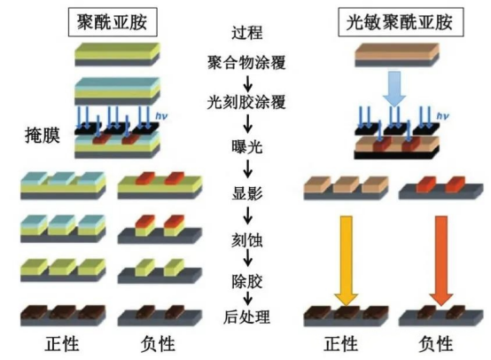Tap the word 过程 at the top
pos(246,36)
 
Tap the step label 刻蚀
pos(246,237)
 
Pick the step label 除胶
pos(246,276)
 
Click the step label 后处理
pos(246,315)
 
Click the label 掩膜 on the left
pos(41,136)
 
